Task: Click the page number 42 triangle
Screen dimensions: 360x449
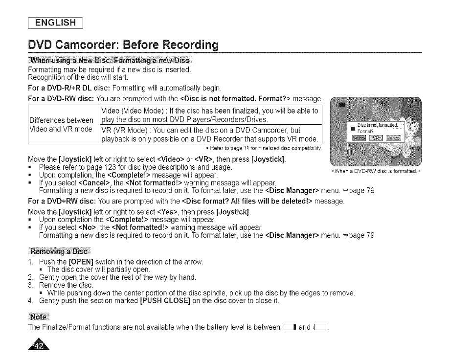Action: (41, 345)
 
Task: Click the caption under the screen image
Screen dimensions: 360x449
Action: (376, 171)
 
